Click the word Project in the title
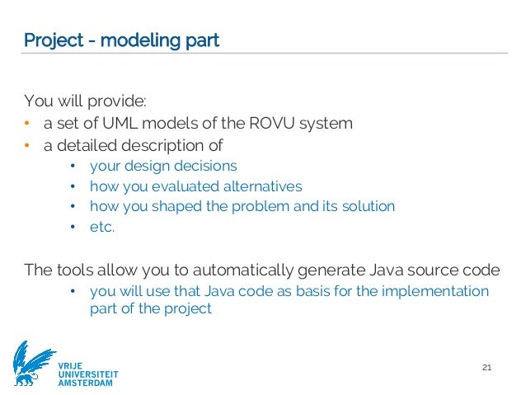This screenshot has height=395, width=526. click(51, 40)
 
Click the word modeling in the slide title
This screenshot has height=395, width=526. click(133, 40)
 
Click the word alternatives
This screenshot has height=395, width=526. click(255, 186)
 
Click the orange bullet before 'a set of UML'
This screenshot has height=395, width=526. click(26, 125)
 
